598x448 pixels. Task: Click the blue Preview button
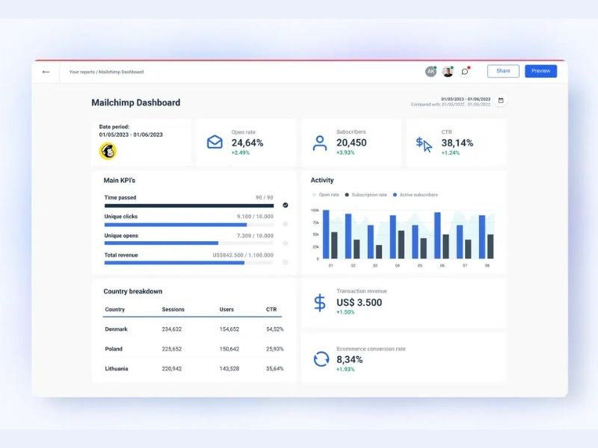540,71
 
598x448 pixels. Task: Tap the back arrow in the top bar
46,72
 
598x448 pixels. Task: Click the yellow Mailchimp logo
108,151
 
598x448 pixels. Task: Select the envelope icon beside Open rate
215,142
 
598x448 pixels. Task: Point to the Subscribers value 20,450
351,143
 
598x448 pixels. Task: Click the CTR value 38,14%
457,143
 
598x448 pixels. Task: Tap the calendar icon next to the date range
501,100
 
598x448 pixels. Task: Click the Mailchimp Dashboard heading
135,103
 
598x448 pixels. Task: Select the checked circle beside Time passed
285,205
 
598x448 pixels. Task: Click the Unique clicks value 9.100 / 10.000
255,217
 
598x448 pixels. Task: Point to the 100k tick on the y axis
315,211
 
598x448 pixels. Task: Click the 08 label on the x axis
487,265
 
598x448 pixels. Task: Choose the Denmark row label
116,329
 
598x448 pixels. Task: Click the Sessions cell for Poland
172,349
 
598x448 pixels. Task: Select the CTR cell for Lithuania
274,368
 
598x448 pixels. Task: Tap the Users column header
226,309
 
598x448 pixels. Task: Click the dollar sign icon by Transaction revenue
320,302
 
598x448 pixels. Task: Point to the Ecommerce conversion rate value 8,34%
349,359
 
